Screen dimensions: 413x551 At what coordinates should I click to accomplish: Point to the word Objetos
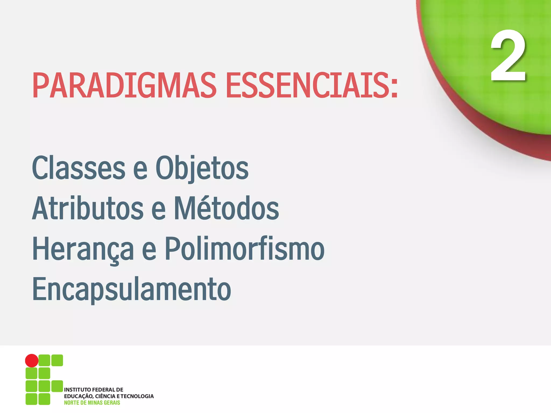[202, 168]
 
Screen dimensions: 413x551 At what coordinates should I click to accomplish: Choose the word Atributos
[88, 208]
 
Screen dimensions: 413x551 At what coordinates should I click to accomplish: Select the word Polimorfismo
[245, 249]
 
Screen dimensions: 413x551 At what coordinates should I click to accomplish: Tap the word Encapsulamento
[132, 289]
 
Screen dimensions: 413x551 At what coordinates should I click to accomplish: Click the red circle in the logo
[32, 360]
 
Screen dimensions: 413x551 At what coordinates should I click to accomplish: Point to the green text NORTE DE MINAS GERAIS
[92, 403]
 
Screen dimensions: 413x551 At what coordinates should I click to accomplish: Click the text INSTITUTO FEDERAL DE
[94, 390]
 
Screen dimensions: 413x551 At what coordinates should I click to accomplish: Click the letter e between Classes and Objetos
[140, 169]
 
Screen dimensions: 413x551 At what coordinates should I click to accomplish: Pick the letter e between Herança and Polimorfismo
[149, 250]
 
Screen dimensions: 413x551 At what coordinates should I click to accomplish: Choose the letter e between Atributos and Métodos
[158, 210]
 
